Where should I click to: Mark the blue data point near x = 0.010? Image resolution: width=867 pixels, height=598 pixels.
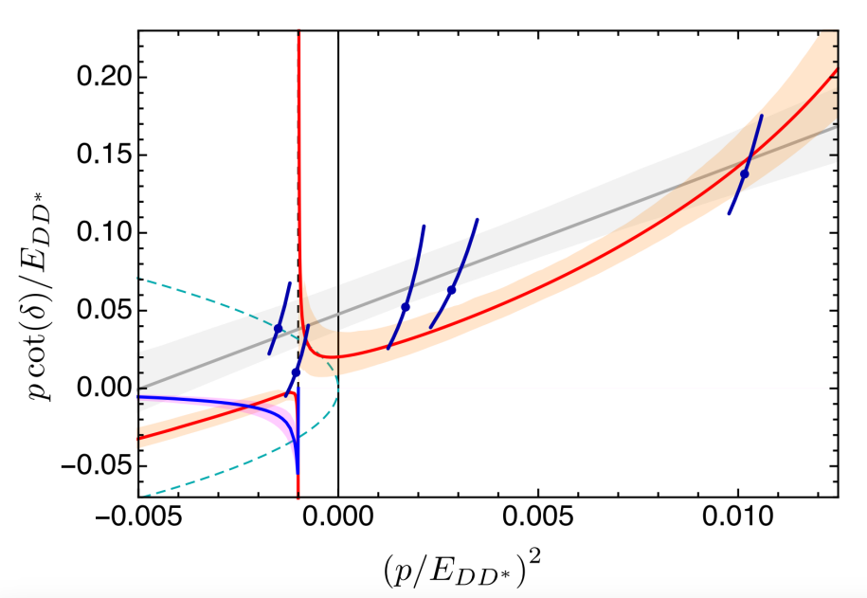pyautogui.click(x=745, y=173)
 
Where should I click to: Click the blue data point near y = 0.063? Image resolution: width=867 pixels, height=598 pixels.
pyautogui.click(x=452, y=290)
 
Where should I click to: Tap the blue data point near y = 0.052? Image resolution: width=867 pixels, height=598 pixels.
pyautogui.click(x=406, y=307)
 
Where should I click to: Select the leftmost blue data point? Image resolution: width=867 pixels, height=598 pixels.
pyautogui.click(x=278, y=328)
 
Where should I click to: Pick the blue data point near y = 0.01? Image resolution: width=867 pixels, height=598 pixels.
pyautogui.click(x=296, y=372)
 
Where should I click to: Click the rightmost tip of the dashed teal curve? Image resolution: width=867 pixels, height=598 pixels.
pyautogui.click(x=337, y=388)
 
